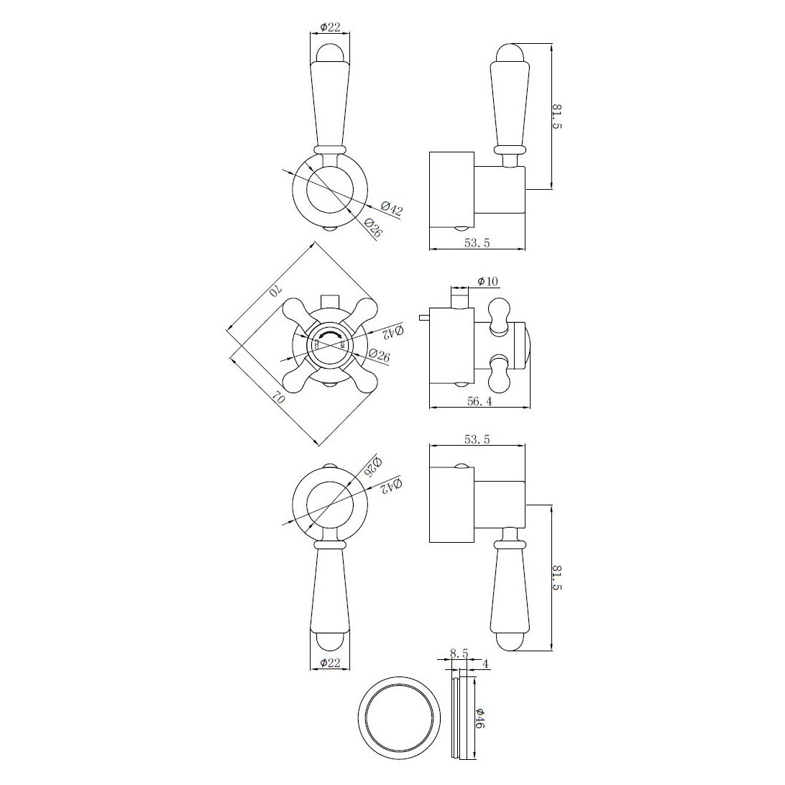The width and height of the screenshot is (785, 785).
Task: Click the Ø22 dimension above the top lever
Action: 329,27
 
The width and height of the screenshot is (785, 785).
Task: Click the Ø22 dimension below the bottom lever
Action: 329,663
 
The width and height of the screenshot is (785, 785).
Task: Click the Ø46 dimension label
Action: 480,719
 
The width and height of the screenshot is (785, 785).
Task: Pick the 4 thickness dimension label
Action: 486,665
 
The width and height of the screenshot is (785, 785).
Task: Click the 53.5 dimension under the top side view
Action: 477,244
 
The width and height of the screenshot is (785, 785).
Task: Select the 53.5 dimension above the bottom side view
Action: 477,440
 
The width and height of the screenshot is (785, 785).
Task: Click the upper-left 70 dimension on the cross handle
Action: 274,291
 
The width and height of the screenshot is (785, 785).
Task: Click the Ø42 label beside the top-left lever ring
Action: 392,210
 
